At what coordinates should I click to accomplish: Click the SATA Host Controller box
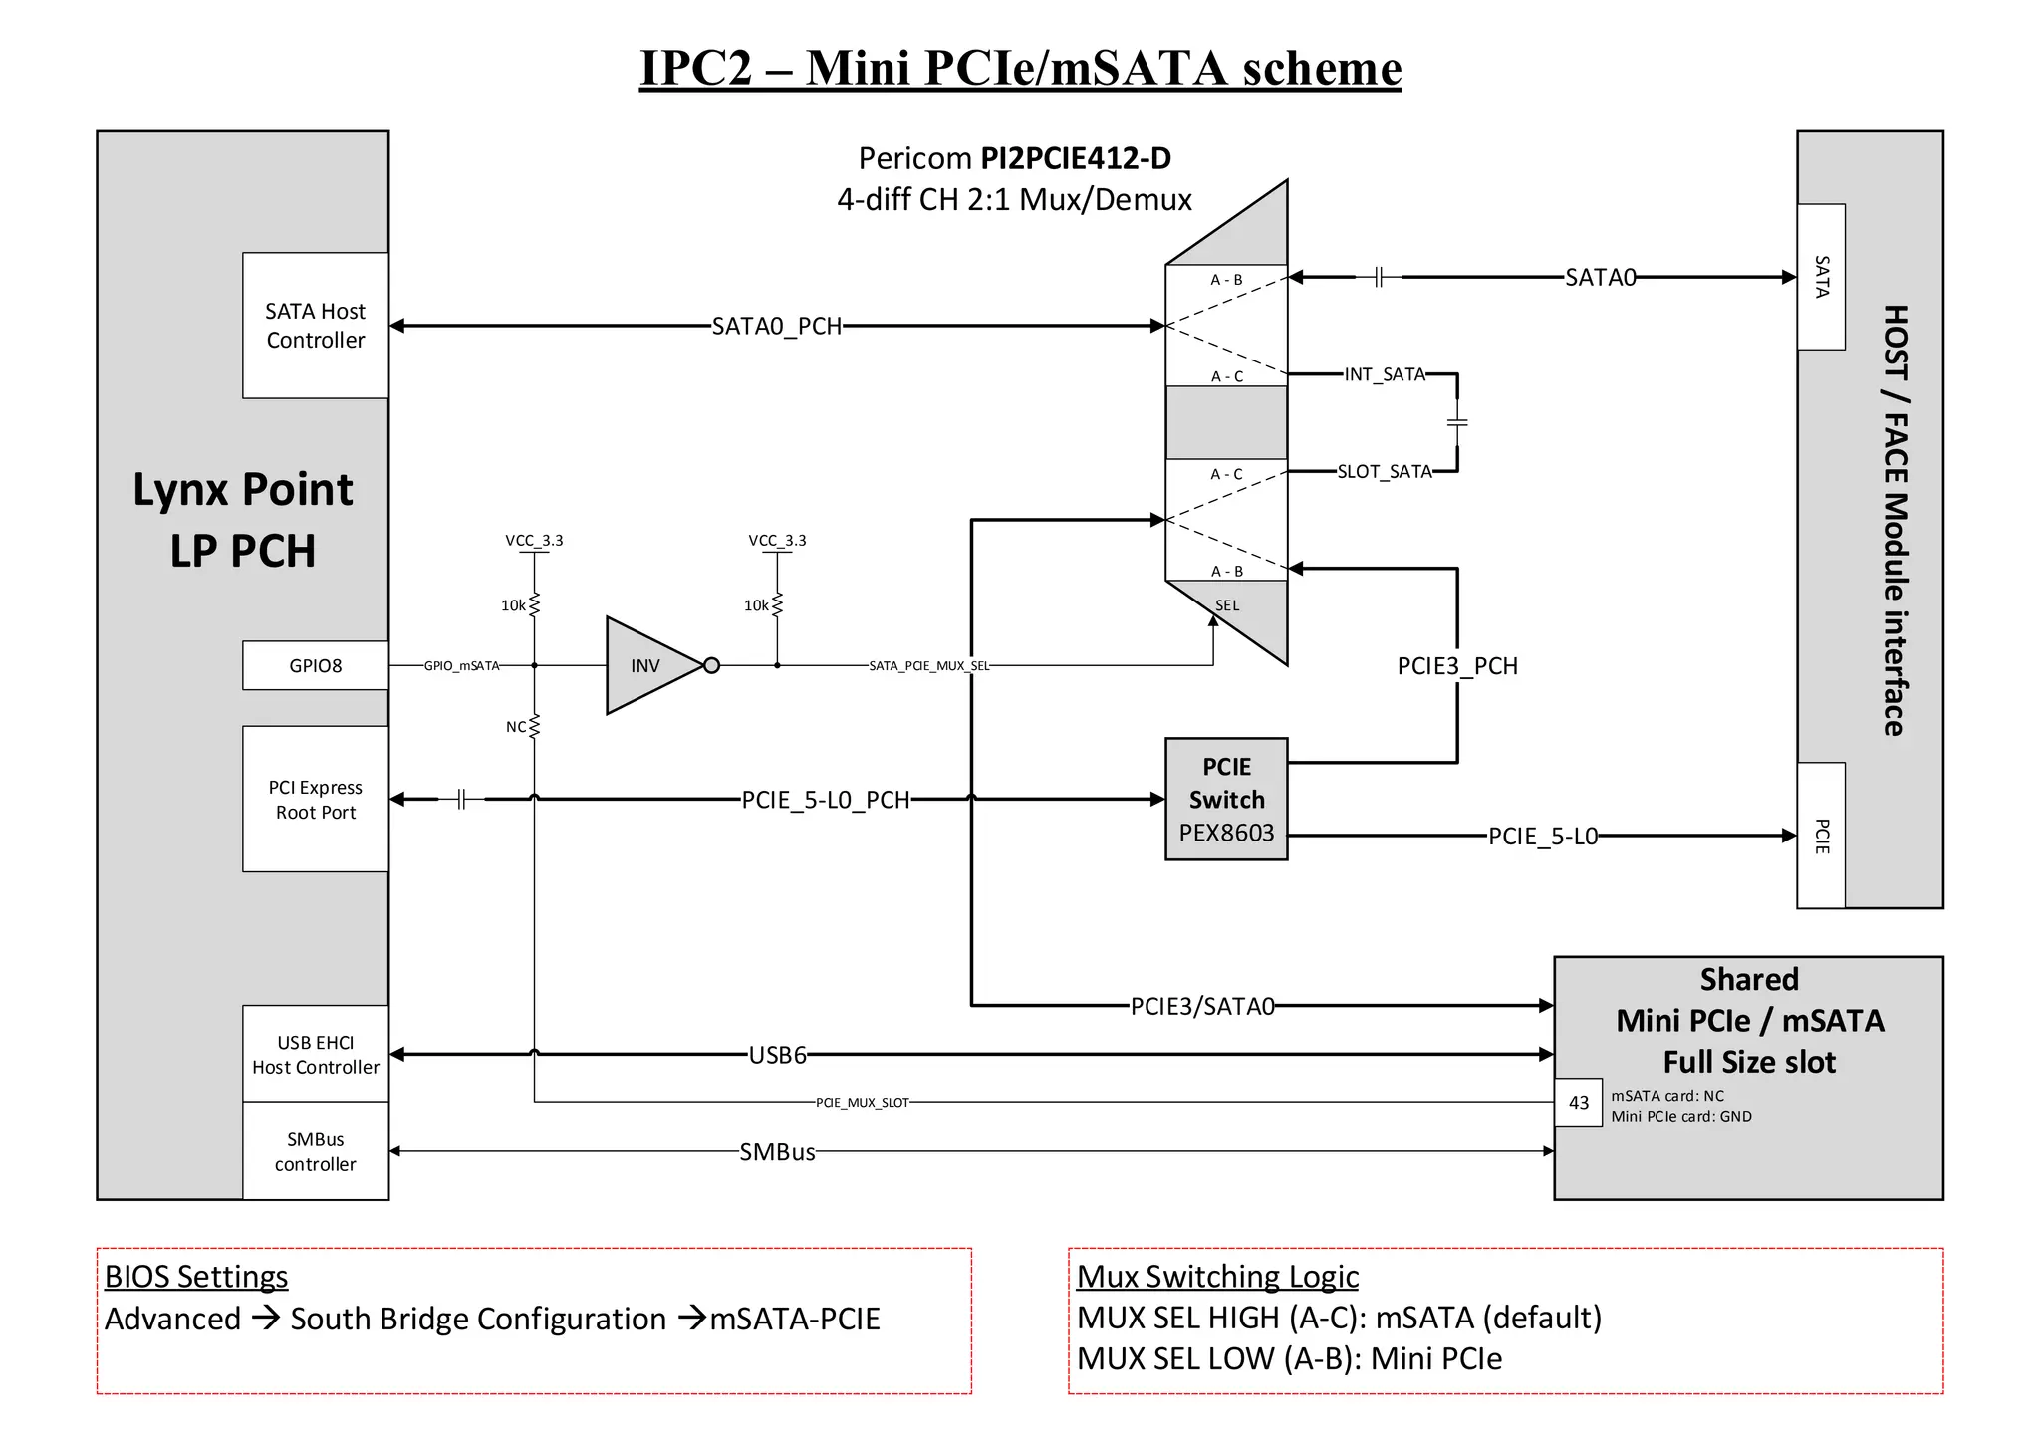point(315,326)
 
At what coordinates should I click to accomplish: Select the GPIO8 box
point(315,665)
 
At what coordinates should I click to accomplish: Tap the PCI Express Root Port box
point(315,799)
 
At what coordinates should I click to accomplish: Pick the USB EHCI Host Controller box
point(315,1054)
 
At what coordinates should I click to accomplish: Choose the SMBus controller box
point(315,1151)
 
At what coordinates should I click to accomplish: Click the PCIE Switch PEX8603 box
point(1226,799)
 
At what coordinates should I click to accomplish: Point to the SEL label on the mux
point(1227,605)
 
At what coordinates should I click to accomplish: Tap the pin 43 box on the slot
point(1579,1103)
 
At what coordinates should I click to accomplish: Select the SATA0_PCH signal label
point(777,327)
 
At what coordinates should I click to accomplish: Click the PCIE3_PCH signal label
point(1457,666)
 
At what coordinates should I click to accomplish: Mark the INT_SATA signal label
point(1385,374)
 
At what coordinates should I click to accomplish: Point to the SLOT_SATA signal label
point(1385,471)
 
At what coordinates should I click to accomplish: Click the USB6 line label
point(777,1055)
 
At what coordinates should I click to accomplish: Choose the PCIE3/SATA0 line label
point(1202,1007)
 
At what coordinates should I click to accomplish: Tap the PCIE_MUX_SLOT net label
point(863,1103)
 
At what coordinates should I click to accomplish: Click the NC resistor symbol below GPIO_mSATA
point(534,727)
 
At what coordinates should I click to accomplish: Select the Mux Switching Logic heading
point(1217,1277)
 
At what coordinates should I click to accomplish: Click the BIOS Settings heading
point(196,1277)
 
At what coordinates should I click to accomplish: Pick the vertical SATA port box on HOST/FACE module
point(1821,277)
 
